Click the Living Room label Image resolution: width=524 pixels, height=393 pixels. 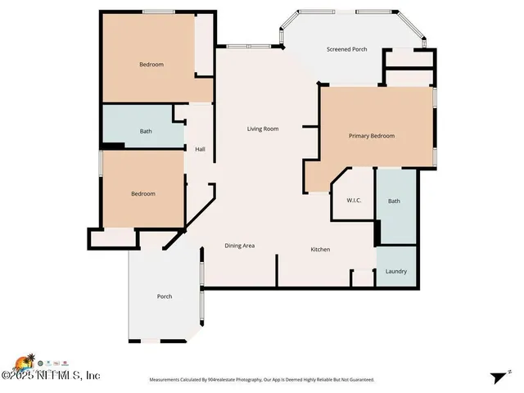[264, 129]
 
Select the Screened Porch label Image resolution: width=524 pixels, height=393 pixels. [346, 49]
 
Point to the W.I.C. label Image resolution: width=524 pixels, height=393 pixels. [354, 200]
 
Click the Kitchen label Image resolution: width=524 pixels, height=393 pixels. [319, 249]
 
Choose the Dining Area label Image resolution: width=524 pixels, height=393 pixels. [240, 246]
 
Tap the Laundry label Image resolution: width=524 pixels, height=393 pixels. [395, 272]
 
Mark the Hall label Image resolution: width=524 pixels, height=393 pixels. [200, 149]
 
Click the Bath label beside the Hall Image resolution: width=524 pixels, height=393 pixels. [146, 131]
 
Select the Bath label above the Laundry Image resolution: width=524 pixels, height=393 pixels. [394, 201]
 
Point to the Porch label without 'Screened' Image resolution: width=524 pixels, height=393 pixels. [165, 296]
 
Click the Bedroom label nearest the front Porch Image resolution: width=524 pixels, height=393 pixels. [143, 194]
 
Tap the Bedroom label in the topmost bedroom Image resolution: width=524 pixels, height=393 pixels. [151, 65]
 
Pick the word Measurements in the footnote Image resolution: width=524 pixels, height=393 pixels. [166, 380]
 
